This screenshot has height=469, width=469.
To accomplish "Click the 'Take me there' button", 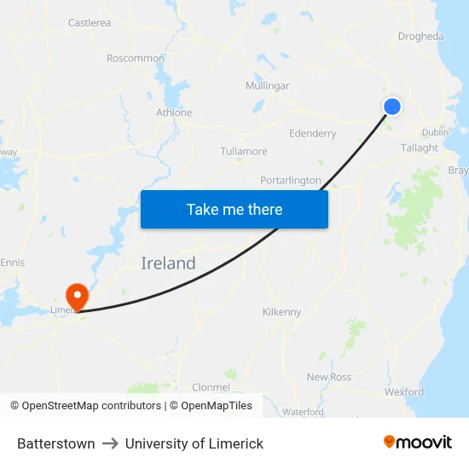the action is click(x=234, y=209).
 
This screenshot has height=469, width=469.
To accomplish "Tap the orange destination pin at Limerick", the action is click(x=78, y=296).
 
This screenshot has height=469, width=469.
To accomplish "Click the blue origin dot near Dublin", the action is click(x=392, y=106).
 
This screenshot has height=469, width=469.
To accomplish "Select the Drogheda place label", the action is click(x=420, y=37).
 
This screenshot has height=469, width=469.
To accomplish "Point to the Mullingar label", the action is click(x=267, y=86).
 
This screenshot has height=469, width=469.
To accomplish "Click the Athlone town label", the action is click(x=174, y=113).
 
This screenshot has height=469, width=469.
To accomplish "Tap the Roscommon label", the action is click(x=136, y=58).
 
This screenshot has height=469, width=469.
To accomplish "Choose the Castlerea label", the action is click(x=90, y=23).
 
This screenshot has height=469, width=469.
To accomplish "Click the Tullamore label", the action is click(x=244, y=152).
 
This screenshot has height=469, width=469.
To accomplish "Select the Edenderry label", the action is click(x=313, y=134).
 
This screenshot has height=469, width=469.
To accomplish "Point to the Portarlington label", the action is click(x=291, y=181).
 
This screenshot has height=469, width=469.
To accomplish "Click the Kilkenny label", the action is click(x=282, y=312).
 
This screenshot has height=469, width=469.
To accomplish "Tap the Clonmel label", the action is click(x=211, y=387).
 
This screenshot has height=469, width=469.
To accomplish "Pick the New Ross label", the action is click(x=329, y=377).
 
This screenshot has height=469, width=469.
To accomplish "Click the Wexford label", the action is click(x=404, y=392).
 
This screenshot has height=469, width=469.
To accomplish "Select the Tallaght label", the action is click(x=420, y=148).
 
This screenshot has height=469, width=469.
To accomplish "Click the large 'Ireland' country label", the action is click(x=168, y=263).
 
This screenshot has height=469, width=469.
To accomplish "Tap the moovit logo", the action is click(x=417, y=442).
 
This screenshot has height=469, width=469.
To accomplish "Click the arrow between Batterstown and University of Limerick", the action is click(x=110, y=443).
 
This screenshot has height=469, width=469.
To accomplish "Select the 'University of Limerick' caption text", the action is click(x=194, y=443).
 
